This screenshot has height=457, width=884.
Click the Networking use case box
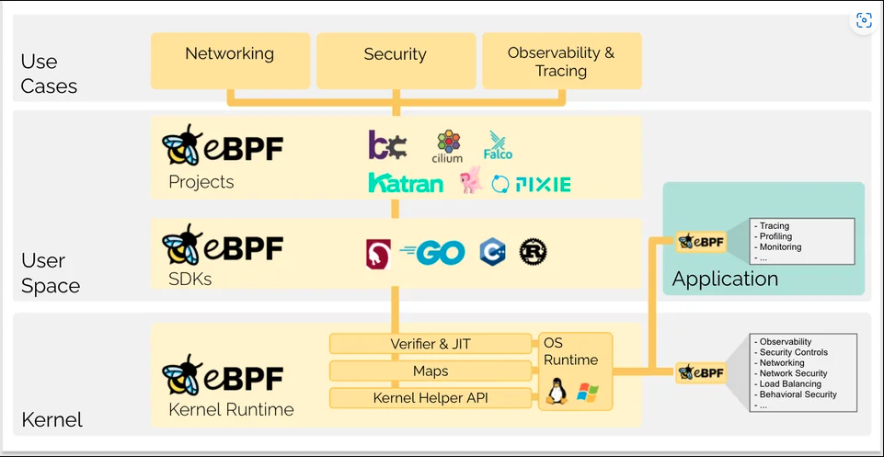(229, 61)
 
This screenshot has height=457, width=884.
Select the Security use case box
(396, 61)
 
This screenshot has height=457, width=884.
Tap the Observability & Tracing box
(561, 61)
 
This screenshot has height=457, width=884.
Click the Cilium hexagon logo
(448, 145)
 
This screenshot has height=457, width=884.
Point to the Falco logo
(498, 145)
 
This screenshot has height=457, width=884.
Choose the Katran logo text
(406, 183)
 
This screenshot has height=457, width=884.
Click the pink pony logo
(471, 180)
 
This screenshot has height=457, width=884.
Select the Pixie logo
(532, 184)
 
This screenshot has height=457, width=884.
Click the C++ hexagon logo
(492, 253)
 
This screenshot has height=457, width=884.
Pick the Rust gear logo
(533, 252)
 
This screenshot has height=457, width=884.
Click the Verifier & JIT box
(431, 344)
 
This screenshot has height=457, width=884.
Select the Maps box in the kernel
(431, 371)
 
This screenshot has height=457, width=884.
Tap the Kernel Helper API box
(431, 398)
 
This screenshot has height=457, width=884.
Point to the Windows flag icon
(587, 394)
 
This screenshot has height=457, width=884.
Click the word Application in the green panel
(725, 279)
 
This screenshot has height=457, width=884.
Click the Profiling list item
(775, 236)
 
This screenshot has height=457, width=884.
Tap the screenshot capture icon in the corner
(863, 20)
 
